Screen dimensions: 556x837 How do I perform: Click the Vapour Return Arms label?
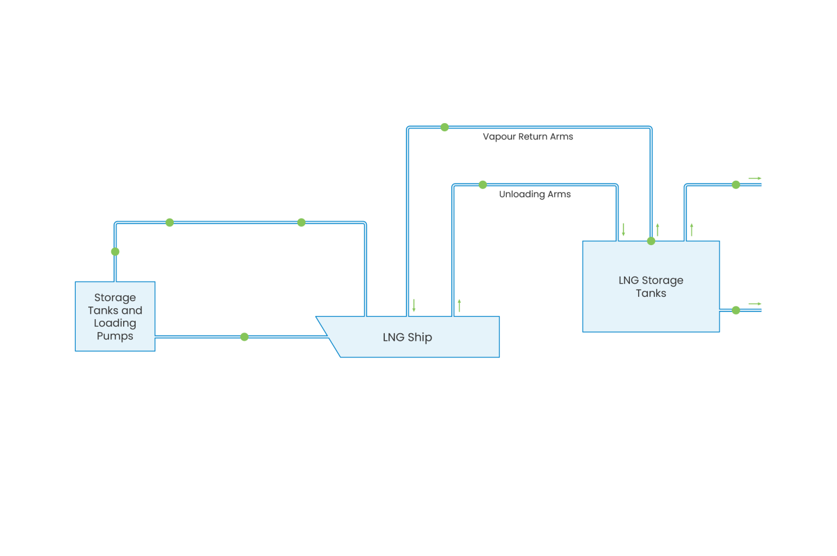pos(527,137)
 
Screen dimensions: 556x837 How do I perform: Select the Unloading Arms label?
pos(535,194)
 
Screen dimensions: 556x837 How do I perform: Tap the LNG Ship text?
pos(407,337)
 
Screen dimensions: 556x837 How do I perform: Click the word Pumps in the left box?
pos(115,336)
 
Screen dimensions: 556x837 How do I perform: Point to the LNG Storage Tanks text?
pos(651,286)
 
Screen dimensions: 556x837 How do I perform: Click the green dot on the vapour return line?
pos(445,127)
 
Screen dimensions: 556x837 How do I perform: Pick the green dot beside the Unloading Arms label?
pos(483,185)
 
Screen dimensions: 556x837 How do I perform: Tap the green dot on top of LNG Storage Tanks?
pos(651,241)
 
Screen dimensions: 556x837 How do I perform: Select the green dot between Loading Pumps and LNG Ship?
pos(244,337)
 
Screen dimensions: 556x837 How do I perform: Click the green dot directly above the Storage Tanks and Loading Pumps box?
pos(115,252)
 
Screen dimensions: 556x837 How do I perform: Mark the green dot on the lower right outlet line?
pos(736,310)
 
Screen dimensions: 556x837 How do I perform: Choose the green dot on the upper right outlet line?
pos(736,185)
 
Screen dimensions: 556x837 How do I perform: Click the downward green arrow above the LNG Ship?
pos(414,306)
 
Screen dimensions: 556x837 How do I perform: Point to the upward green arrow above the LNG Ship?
pos(459,306)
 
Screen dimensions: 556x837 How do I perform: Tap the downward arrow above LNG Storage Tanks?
pos(623,229)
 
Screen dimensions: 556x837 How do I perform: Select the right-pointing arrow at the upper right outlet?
pos(755,178)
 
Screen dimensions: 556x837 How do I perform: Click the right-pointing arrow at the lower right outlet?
pos(755,303)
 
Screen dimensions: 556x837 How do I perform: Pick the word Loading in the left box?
pos(115,323)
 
